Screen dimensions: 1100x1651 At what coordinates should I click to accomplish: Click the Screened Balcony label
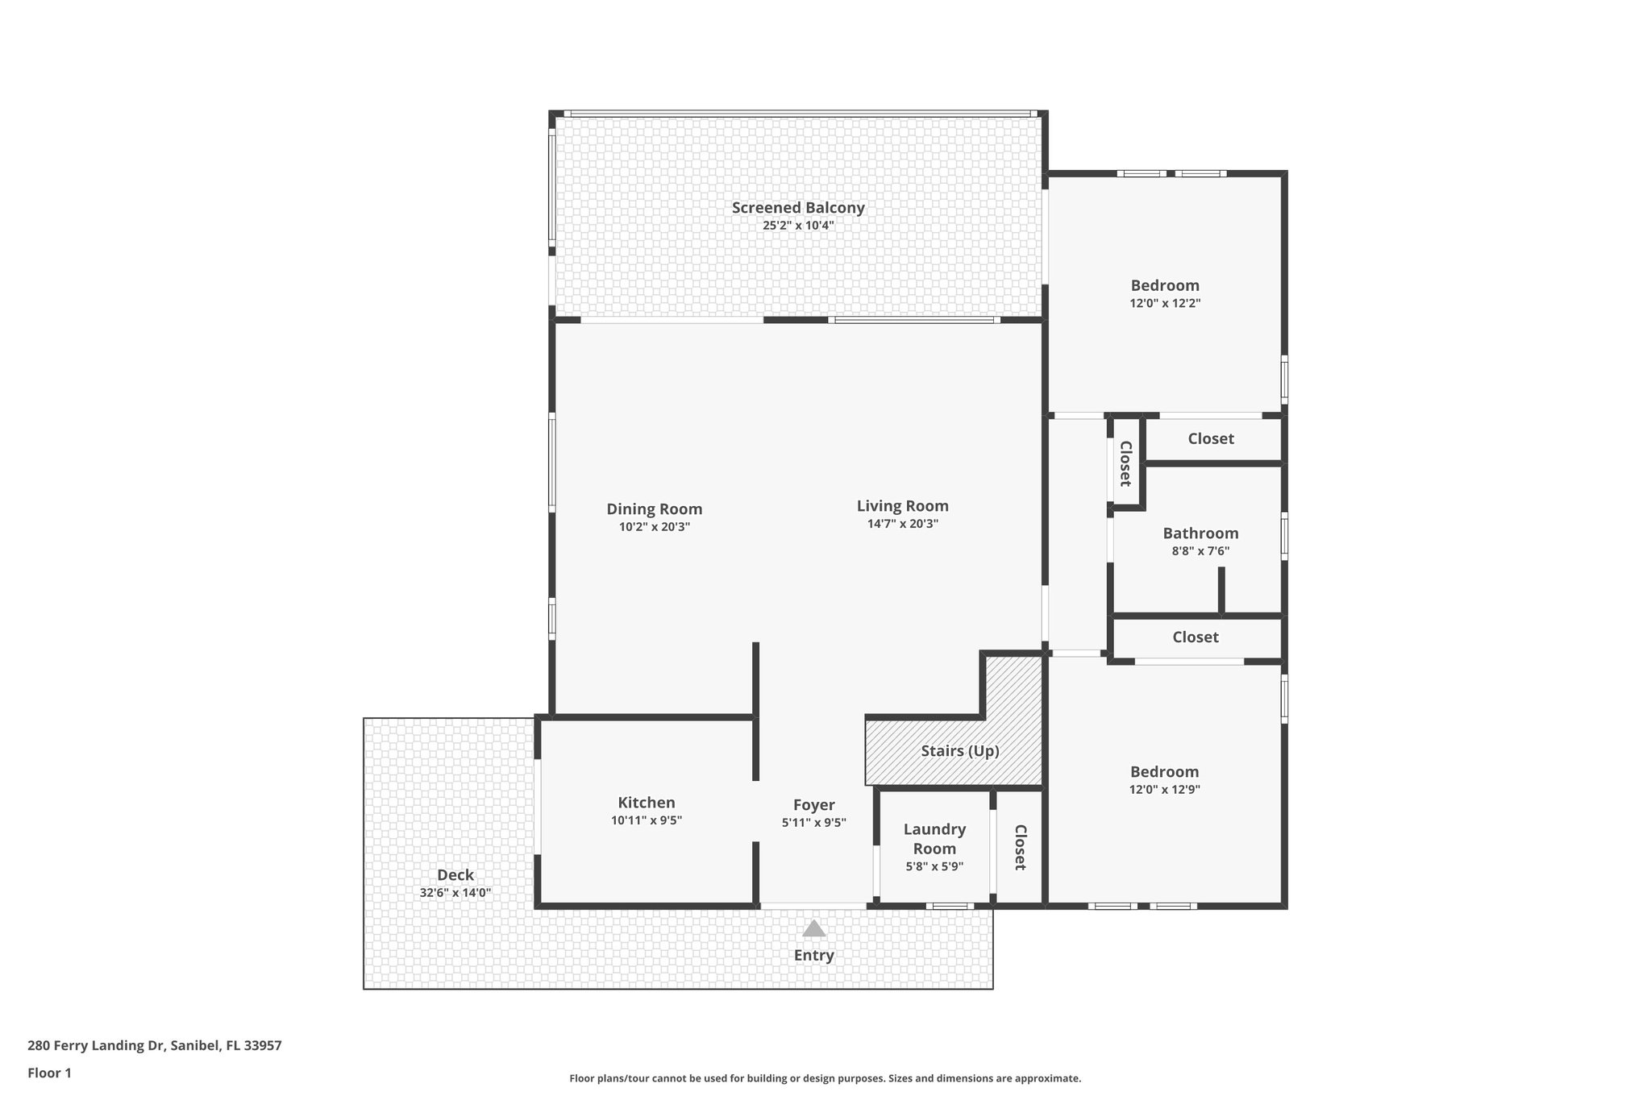coord(798,208)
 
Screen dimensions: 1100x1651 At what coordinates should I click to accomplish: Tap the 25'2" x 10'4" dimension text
coord(798,226)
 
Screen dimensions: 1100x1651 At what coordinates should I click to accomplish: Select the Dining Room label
coord(654,509)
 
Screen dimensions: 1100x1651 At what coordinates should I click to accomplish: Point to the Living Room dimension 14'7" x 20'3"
coord(902,524)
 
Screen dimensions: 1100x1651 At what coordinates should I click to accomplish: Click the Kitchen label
coord(646,803)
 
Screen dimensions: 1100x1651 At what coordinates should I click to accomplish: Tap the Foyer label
coord(813,805)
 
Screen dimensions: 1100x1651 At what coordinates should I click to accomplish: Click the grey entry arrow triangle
coord(813,929)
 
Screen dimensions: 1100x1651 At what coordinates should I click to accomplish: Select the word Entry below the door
coord(813,956)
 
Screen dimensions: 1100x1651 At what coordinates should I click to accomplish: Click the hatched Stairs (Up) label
coord(959,751)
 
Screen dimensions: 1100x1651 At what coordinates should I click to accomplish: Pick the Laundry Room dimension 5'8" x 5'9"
coord(934,867)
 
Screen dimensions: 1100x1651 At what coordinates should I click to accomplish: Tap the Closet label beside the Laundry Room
coord(1020,847)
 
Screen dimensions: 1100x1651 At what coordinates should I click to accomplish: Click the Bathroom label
coord(1200,533)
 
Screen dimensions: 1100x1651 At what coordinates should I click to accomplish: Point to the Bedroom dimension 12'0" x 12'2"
coord(1165,304)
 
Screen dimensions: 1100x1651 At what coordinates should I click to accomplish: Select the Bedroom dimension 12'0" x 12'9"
coord(1164,790)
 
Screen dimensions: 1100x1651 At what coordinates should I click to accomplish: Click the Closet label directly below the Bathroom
coord(1195,637)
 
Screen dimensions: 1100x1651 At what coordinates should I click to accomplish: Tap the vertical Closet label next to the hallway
coord(1126,463)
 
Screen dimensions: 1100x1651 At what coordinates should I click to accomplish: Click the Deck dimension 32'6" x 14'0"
coord(455,893)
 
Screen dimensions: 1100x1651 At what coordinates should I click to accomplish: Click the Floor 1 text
coord(50,1073)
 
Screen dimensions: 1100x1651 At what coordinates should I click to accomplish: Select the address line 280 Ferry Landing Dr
coord(154,1046)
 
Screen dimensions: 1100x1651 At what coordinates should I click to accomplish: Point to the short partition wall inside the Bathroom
coord(1221,591)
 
